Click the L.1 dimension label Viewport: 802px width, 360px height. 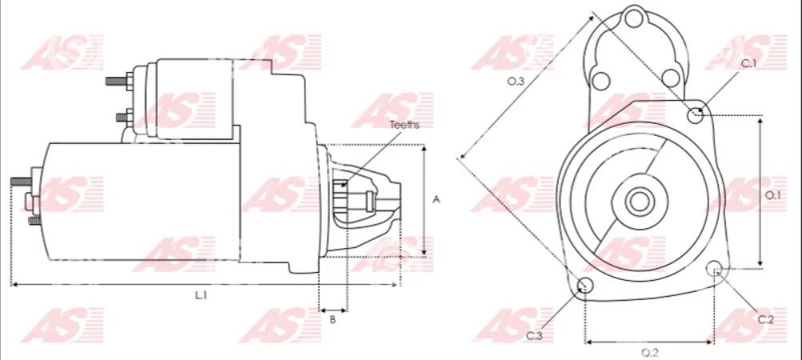tap(200, 295)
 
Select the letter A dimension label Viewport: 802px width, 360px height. tap(436, 199)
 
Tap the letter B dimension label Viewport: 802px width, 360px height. tap(332, 320)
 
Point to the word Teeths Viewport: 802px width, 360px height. tap(404, 125)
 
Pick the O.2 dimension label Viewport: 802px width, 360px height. tap(650, 352)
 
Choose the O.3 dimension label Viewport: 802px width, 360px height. tap(515, 81)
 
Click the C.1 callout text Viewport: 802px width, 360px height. tap(749, 63)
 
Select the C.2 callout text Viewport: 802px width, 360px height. tap(766, 320)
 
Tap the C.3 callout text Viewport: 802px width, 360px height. tap(534, 336)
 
